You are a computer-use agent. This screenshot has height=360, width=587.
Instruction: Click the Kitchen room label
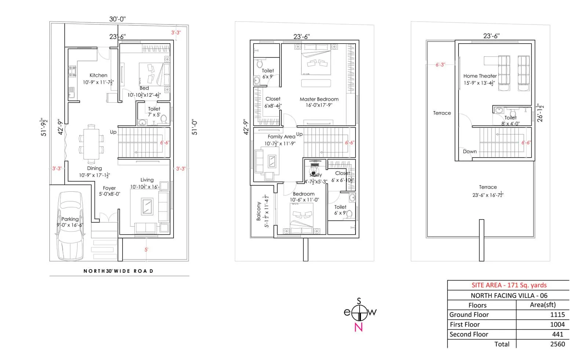pos(98,75)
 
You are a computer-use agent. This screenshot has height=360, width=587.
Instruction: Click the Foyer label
pos(109,188)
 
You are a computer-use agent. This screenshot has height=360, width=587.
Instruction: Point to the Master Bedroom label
pos(319,99)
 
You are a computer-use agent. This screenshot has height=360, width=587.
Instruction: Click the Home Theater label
pos(480,76)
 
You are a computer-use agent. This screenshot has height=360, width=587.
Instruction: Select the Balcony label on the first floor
pos(259,211)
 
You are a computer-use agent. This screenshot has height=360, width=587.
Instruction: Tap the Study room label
pos(316,175)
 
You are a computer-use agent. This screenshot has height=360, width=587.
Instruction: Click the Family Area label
pos(281,136)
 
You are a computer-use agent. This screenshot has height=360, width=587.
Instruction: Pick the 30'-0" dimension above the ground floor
pos(117,19)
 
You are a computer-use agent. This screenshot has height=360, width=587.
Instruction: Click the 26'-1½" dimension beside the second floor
pos(540,113)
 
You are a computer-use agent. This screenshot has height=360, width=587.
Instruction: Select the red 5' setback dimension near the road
pos(146,250)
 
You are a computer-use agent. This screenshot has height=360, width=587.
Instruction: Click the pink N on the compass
pos(358,327)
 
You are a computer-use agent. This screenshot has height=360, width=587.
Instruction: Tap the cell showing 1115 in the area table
pos(557,315)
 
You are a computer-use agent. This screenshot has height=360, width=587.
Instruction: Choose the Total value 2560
pos(557,344)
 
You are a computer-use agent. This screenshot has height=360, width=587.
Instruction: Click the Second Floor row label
pos(469,334)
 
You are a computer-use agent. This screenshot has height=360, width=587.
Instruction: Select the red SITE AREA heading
pos(509,285)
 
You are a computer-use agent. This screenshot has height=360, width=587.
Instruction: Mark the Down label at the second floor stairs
pos(470,151)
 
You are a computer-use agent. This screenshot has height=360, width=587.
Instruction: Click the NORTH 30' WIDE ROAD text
pos(118,271)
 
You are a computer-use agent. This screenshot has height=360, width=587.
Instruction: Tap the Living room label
pos(147,180)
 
